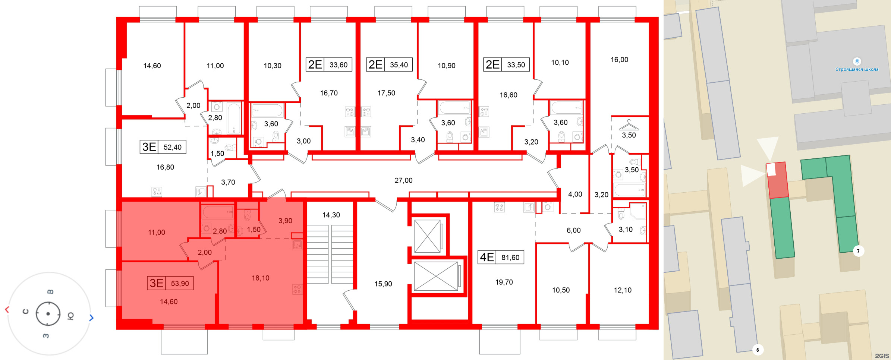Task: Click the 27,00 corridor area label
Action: [x=403, y=180]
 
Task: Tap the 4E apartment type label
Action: [x=487, y=257]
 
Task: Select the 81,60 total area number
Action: [x=510, y=258]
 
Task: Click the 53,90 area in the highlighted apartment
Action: [x=180, y=284]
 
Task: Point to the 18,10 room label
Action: [x=260, y=278]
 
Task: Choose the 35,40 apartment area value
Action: [x=399, y=65]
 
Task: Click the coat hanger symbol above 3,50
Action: [x=629, y=124]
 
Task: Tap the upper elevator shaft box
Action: [x=428, y=236]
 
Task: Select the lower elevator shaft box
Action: [x=436, y=276]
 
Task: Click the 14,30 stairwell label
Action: [x=331, y=215]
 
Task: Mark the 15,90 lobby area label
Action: [x=383, y=284]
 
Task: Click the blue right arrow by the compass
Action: [x=91, y=318]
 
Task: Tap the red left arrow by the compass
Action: [x=7, y=310]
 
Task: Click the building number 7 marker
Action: [x=858, y=251]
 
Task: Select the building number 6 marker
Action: [x=758, y=350]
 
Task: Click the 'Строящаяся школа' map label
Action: [x=857, y=69]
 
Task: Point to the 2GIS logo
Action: [x=881, y=356]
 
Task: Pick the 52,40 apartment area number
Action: [x=173, y=147]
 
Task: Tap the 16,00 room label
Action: [x=619, y=60]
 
